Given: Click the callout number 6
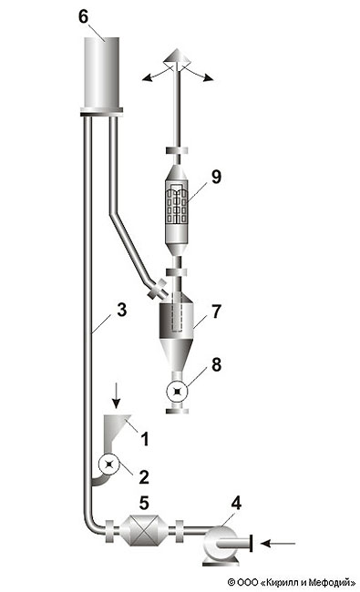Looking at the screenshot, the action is pos(83,17).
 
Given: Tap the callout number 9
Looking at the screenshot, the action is pos(216,177).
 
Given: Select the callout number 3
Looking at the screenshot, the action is pos(121,310).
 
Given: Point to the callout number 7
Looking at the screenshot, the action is pos(216,311).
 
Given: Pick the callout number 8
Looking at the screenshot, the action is pos(216,364).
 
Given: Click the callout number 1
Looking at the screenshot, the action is pos(144,439).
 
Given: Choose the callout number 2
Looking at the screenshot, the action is pos(144,477).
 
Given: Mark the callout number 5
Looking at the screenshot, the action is pos(144,503).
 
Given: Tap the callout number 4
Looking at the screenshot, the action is pos(236,503).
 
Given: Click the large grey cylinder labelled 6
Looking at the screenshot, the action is pos(101,73).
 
